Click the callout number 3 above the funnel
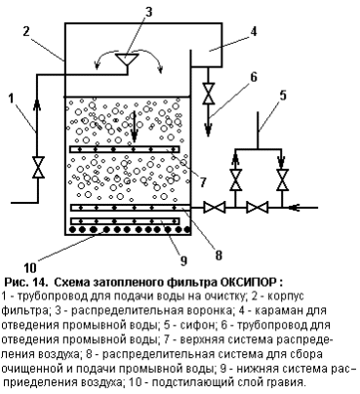[x=148, y=13]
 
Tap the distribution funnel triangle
[x=128, y=59]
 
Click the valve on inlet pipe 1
[x=38, y=167]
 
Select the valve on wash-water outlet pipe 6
[x=208, y=94]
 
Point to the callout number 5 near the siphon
[x=283, y=96]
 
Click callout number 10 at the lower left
[x=30, y=268]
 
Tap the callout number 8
[x=219, y=256]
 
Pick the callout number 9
[x=183, y=260]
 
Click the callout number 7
[x=203, y=182]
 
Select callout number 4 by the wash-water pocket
[x=254, y=31]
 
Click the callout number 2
[x=26, y=31]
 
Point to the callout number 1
[x=12, y=98]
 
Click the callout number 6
[x=254, y=77]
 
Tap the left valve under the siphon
[x=235, y=179]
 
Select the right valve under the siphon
[x=282, y=179]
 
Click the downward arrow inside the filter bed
[x=134, y=127]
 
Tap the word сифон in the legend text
[x=205, y=325]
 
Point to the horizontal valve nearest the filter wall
[x=215, y=207]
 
